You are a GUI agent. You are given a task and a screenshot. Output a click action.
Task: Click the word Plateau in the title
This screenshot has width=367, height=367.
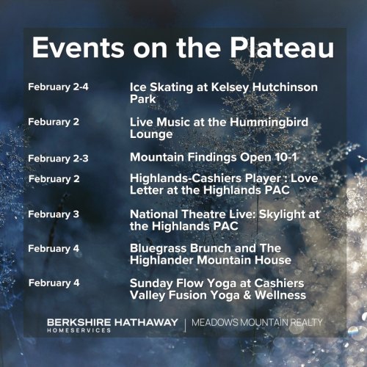coord(282,48)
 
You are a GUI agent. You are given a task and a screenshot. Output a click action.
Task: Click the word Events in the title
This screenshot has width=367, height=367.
coord(78,48)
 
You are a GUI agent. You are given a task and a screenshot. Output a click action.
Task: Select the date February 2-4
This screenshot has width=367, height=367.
coord(58,87)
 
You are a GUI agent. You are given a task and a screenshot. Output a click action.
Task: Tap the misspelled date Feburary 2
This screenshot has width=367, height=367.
coord(54,122)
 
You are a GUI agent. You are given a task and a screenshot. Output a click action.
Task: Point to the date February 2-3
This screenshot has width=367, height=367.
coord(58,159)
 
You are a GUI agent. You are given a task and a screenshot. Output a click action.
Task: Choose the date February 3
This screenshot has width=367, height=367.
coord(54,214)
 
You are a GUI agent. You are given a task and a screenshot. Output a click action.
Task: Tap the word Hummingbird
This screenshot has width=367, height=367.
coord(269,122)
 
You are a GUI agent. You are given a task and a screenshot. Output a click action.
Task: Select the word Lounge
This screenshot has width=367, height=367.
coord(151,134)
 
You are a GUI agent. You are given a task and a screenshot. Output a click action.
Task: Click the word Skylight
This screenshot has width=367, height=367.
coord(282,214)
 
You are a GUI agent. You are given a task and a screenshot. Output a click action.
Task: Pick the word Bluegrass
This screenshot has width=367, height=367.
coord(159,248)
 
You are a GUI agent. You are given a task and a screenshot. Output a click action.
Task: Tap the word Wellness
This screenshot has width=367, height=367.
coord(280,295)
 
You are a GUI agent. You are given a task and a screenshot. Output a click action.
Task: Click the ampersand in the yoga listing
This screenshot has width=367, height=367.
coord(247,295)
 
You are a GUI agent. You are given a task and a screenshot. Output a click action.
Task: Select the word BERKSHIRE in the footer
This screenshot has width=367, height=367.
coord(79,322)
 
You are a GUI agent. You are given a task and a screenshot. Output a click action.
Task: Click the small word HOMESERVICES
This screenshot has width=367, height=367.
coord(79,330)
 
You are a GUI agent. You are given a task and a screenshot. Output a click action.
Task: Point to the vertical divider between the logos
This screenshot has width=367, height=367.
coord(185,325)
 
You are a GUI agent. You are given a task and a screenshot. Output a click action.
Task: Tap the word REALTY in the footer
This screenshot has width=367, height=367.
coord(306,322)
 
